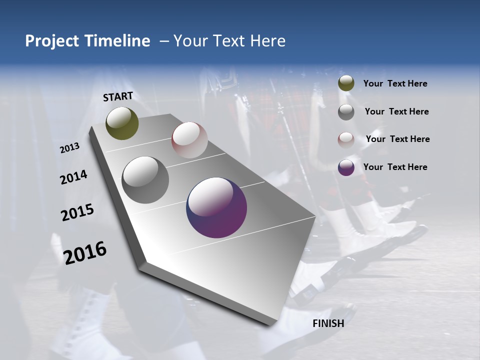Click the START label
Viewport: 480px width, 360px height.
tap(118, 96)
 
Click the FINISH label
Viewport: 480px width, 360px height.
tap(328, 323)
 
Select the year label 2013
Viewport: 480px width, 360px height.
tap(69, 148)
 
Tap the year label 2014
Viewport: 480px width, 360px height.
tap(73, 177)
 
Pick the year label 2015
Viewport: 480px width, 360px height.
tap(77, 212)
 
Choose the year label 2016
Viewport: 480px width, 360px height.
tap(85, 252)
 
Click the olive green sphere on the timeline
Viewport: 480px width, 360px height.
tap(122, 123)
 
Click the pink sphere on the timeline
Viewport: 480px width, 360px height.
tap(189, 139)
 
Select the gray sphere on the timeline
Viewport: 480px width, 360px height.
tap(145, 179)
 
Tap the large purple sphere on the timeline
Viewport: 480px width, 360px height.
tap(216, 207)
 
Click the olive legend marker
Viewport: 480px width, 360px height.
tap(346, 83)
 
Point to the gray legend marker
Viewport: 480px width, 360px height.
tap(346, 112)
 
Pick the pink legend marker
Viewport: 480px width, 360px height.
tap(346, 139)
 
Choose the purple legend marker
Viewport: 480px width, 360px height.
tap(346, 167)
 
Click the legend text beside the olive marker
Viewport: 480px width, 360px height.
tap(395, 83)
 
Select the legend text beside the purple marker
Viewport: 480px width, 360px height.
tap(395, 167)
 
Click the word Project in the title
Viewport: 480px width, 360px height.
tap(52, 41)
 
